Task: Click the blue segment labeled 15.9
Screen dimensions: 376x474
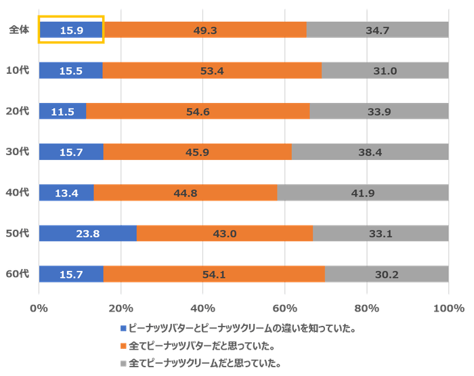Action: pos(71,30)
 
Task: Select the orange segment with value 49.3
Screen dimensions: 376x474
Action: pos(205,30)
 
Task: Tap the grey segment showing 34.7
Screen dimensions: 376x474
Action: pos(376,30)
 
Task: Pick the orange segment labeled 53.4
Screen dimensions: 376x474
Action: pos(212,70)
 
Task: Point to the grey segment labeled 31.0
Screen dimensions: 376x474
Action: pos(384,70)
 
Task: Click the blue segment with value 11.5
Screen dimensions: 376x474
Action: pos(62,111)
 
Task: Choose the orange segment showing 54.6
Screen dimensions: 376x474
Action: pos(198,111)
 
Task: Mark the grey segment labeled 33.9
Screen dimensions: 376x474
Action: pos(378,111)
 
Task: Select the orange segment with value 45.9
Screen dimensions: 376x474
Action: pos(197,152)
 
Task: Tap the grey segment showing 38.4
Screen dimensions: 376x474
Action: pos(369,152)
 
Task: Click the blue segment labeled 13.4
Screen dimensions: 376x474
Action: pos(66,193)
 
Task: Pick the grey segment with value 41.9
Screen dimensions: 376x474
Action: pos(362,193)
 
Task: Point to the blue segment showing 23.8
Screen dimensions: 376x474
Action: pos(88,234)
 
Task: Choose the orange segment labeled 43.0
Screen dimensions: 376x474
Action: pos(224,234)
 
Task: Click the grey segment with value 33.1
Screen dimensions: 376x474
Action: pos(380,234)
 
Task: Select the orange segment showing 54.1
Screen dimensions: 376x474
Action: pos(214,274)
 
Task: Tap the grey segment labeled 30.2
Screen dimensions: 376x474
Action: pos(385,274)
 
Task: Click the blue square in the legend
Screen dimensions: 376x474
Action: pos(124,329)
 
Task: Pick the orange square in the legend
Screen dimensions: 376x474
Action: pos(124,346)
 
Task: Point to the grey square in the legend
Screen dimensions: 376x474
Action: pos(124,364)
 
